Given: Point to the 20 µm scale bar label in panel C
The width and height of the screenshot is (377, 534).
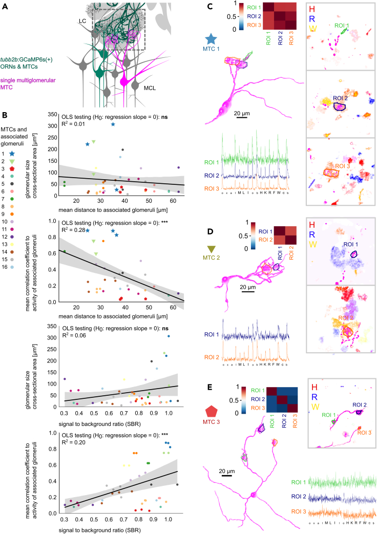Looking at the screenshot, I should point(244,113).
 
